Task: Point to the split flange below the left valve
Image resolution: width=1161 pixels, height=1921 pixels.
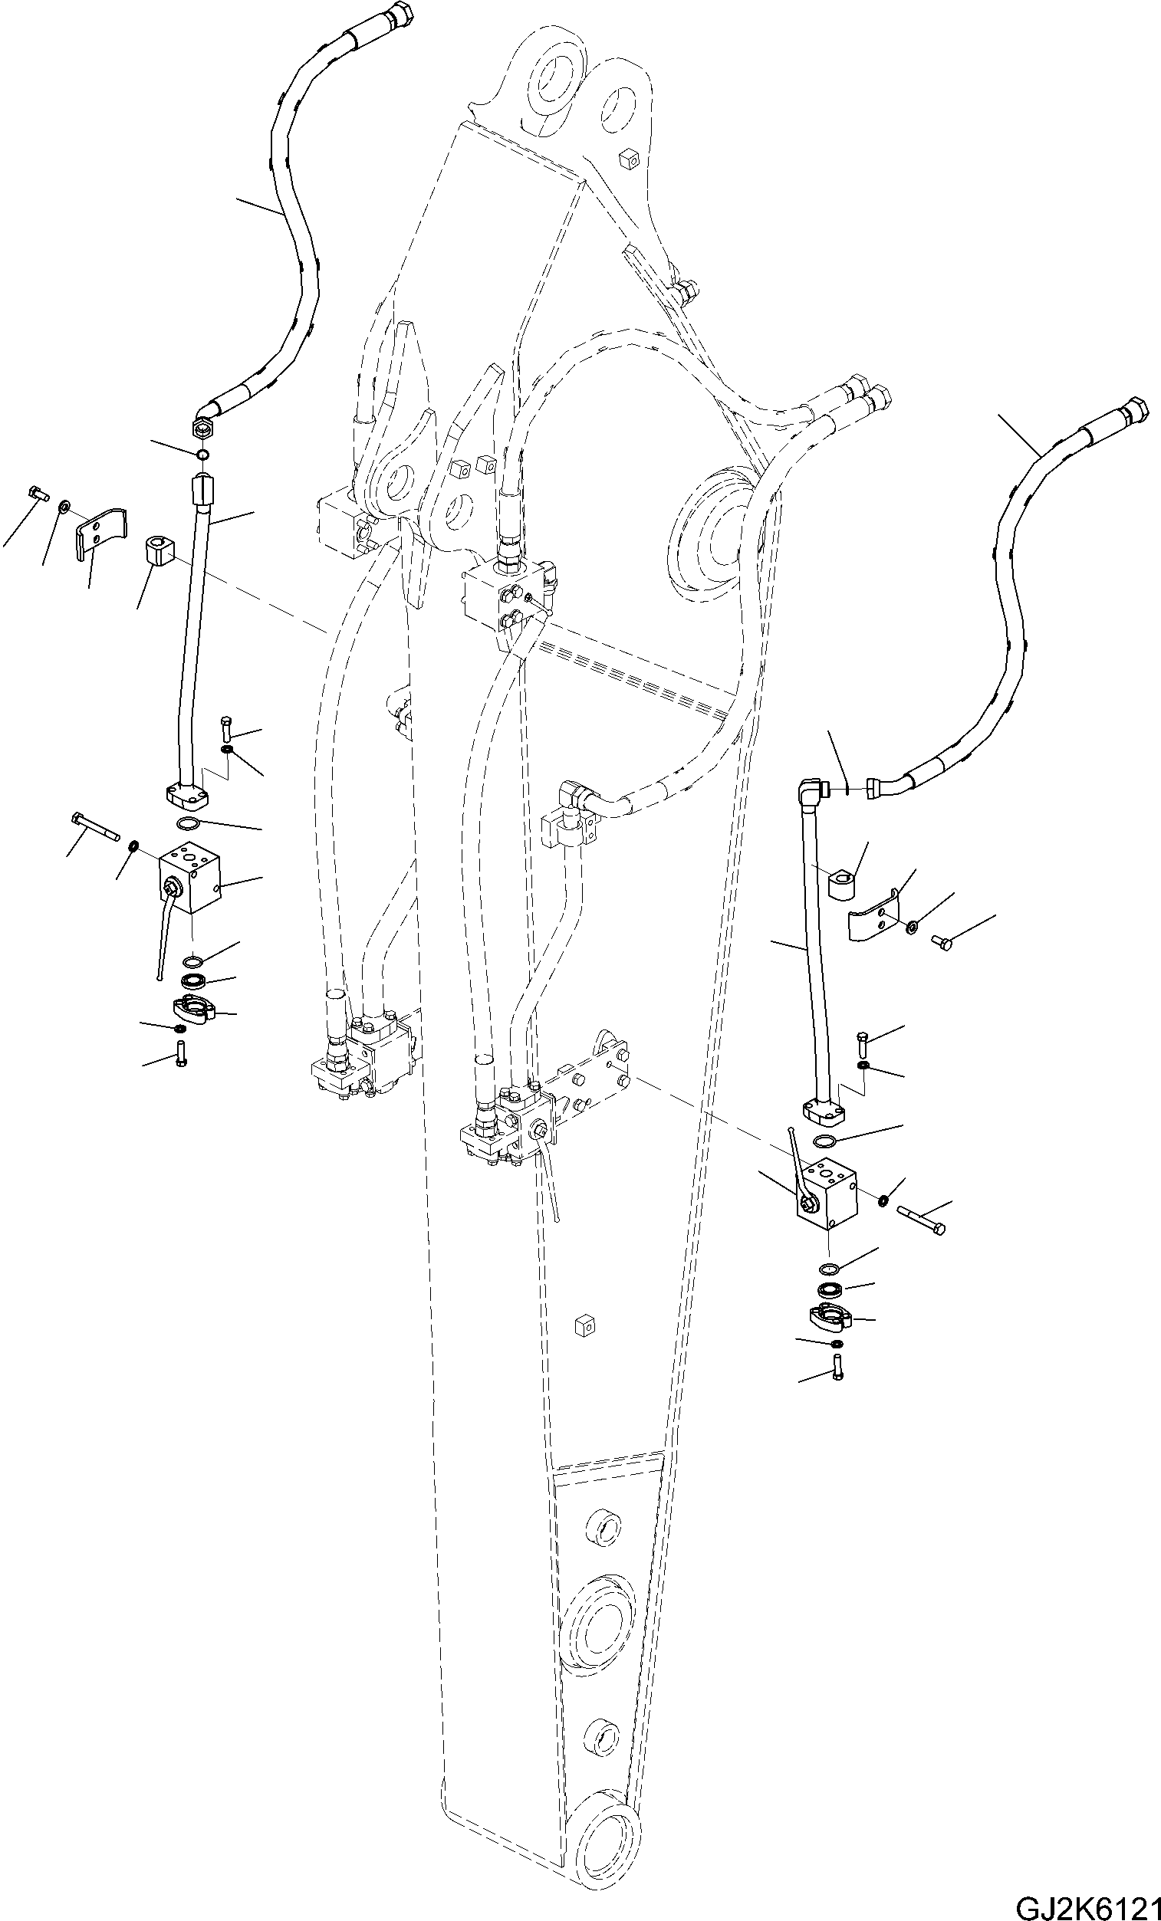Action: coord(192,1009)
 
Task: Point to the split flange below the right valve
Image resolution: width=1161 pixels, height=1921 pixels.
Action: coord(827,1317)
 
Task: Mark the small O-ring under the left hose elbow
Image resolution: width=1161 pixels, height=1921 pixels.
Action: coord(202,455)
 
